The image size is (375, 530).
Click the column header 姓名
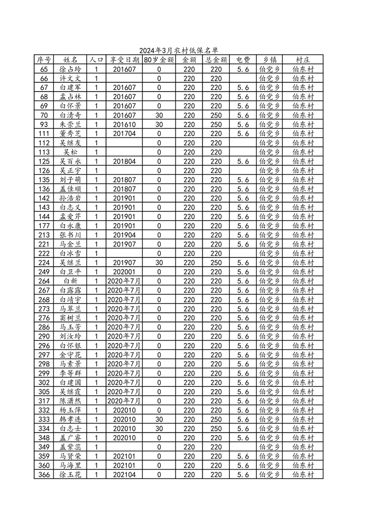pos(70,60)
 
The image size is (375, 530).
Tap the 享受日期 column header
pos(124,60)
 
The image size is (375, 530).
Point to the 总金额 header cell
pos(216,60)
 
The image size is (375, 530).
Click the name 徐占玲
pos(70,69)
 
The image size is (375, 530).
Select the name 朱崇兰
pos(70,125)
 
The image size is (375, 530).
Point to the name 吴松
pos(70,152)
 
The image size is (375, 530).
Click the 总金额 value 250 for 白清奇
pos(216,115)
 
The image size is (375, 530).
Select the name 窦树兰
pos(70,318)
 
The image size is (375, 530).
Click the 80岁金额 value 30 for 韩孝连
pos(159,419)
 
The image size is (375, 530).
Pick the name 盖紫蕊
pos(70,447)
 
